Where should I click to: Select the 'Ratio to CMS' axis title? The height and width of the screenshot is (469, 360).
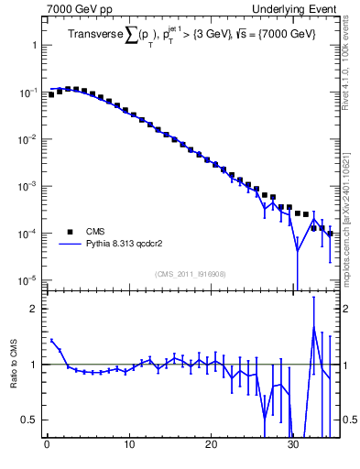coord(14,365)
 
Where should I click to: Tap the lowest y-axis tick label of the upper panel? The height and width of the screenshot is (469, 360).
coord(27,279)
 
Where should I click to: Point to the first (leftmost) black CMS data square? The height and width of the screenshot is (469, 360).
coord(51,94)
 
